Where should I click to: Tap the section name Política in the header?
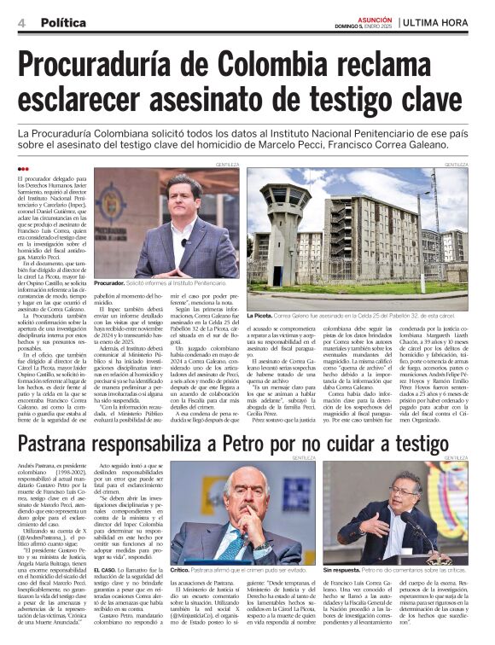(62, 22)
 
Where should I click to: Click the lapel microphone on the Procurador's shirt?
(183, 242)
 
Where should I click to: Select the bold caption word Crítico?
(180, 569)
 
